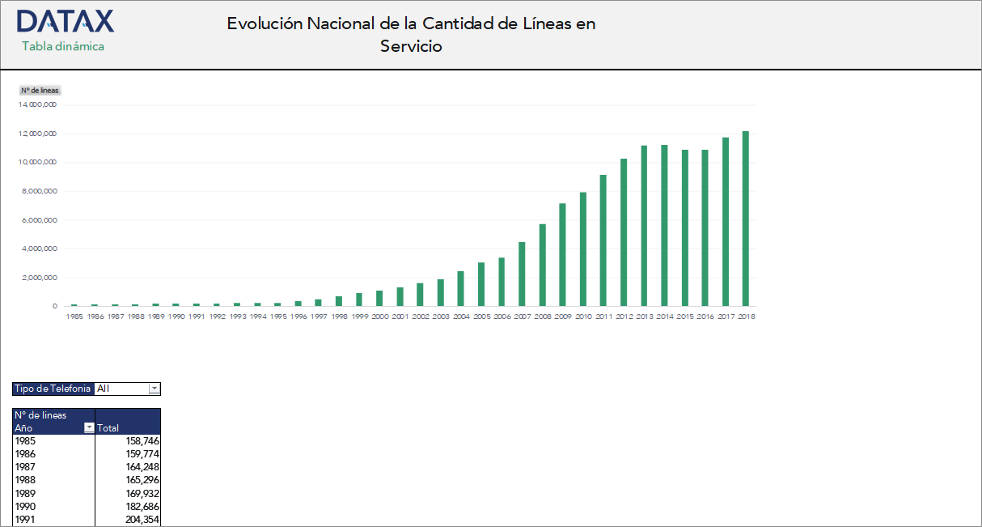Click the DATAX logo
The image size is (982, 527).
[65, 22]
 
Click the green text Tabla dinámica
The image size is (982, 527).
[63, 46]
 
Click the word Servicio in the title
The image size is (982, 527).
[411, 46]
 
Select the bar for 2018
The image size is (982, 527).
[746, 219]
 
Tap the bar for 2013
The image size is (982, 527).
[644, 226]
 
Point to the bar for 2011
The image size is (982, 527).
[603, 240]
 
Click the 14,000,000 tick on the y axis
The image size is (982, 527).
[37, 104]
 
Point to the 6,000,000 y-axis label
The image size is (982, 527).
[39, 220]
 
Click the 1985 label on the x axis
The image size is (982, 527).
[74, 317]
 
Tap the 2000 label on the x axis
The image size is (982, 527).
[379, 317]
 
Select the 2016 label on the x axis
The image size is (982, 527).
[705, 317]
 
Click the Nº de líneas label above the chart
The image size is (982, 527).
[40, 90]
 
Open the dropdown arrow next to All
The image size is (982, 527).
[154, 389]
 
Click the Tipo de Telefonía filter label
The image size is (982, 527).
[53, 389]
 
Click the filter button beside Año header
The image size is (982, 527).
[89, 428]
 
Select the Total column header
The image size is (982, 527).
[108, 428]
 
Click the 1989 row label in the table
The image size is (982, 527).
[26, 493]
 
